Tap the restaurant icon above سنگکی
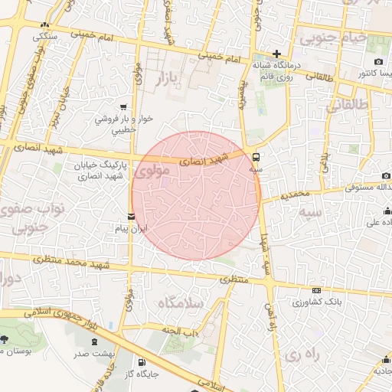[41, 24]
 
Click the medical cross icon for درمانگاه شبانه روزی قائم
[277, 54]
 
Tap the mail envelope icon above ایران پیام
[132, 216]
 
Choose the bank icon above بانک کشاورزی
[317, 291]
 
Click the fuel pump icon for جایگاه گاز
[141, 363]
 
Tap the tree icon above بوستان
[5, 339]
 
